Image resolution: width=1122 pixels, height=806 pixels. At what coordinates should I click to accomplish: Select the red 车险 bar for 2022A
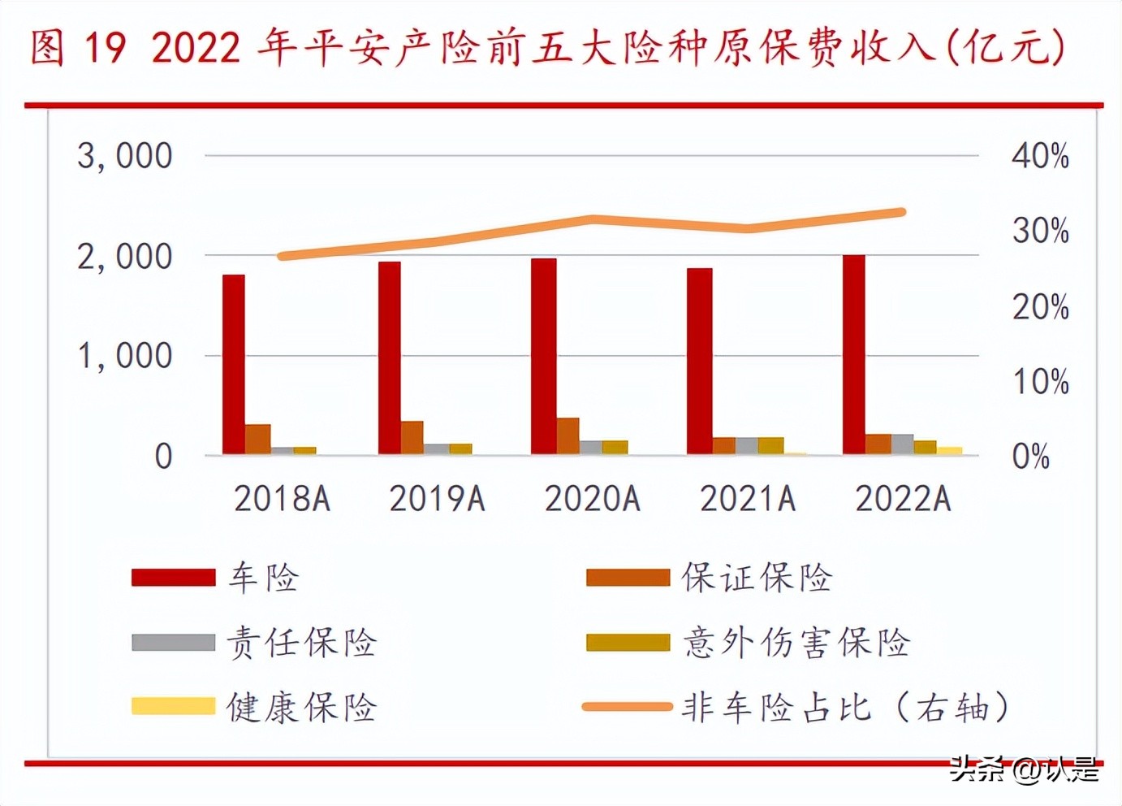click(854, 354)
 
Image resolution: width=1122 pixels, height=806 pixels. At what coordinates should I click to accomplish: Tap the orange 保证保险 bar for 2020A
click(567, 435)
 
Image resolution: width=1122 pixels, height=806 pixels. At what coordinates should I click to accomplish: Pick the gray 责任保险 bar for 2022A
click(902, 444)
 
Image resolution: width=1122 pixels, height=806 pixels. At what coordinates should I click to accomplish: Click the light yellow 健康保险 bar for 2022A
click(949, 450)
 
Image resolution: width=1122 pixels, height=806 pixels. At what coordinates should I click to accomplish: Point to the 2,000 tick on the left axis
click(125, 257)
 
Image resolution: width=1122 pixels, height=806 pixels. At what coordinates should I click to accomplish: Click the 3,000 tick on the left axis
click(125, 155)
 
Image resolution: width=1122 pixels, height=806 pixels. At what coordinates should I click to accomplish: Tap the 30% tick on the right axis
click(1040, 231)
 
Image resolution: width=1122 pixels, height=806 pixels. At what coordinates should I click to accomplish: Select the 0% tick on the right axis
click(1030, 457)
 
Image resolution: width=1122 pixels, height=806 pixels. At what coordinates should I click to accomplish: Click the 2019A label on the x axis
click(438, 498)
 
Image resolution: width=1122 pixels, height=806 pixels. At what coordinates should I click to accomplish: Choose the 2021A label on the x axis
click(748, 498)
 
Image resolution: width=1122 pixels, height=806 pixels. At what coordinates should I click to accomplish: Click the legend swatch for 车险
click(173, 578)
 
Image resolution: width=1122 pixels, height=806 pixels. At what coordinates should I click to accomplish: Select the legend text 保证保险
click(757, 578)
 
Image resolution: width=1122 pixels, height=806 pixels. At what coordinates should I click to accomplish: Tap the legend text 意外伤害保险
click(796, 643)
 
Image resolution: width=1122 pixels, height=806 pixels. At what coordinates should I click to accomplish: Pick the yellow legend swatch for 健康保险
click(173, 706)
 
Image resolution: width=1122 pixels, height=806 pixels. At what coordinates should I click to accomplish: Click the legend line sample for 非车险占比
click(627, 706)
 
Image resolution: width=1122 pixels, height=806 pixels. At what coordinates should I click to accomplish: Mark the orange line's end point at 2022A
click(902, 212)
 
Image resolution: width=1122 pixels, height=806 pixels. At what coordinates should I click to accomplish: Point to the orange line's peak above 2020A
click(593, 219)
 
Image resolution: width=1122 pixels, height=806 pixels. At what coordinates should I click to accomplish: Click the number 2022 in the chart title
click(196, 47)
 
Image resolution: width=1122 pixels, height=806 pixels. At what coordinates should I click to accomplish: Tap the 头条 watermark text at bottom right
click(978, 768)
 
